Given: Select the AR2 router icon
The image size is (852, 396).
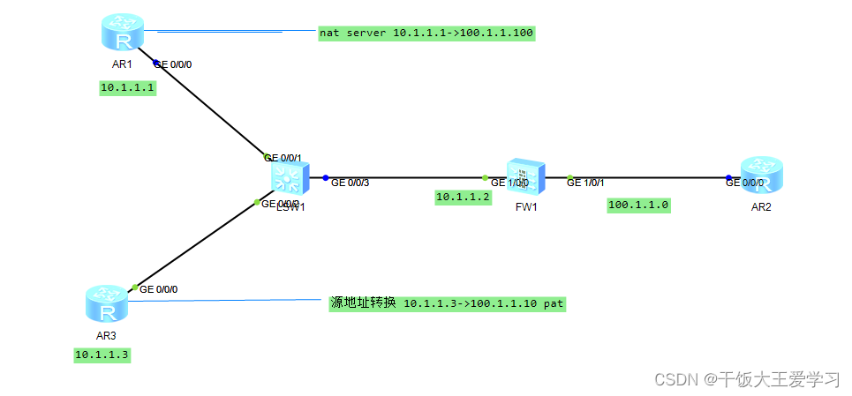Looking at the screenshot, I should click(x=762, y=175).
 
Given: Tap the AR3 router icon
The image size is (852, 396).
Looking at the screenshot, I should click(x=107, y=304).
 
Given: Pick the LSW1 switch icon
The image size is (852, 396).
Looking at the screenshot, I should click(x=288, y=178).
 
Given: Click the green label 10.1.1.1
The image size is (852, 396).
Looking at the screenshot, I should click(x=127, y=87).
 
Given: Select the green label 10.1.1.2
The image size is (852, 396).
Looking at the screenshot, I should click(x=463, y=198).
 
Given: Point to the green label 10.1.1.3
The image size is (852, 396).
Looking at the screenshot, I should click(x=102, y=355).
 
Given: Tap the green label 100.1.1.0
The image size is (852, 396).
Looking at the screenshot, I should click(x=639, y=205).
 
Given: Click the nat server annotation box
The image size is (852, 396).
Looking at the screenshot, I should click(x=427, y=33).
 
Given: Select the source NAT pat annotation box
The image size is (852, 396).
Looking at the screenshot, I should click(x=446, y=303).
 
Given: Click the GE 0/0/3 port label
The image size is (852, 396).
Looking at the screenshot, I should click(x=351, y=183).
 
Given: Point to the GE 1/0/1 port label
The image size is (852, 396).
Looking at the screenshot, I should click(x=585, y=183).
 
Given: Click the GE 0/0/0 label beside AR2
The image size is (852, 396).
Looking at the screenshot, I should click(x=746, y=183).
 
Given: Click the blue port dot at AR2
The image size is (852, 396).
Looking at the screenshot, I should click(x=729, y=177).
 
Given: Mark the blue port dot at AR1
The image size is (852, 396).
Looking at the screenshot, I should click(x=156, y=63).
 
